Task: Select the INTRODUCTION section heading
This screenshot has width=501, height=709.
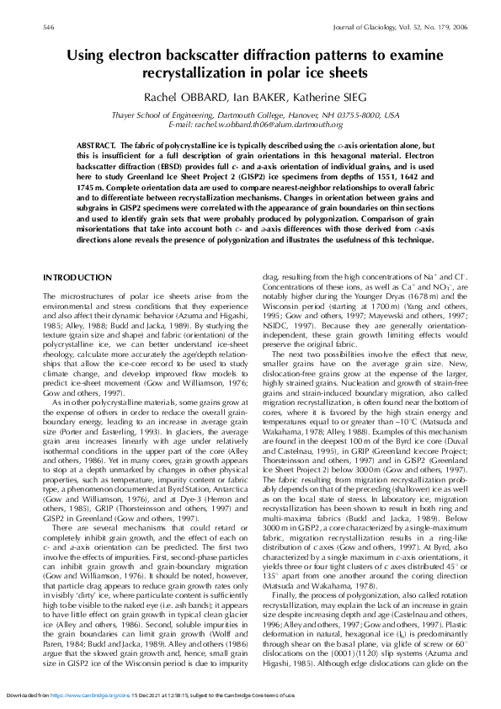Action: pos(77,277)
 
